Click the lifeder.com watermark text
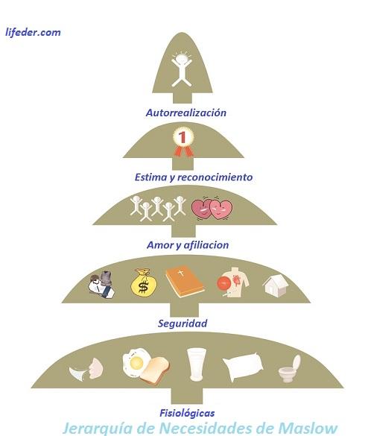(33, 32)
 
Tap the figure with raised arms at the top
(180, 68)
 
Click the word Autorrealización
(185, 113)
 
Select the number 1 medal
(183, 140)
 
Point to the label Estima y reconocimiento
(194, 177)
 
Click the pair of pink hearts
(211, 209)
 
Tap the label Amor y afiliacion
(187, 244)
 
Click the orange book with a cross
(184, 282)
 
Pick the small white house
(275, 284)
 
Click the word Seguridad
(183, 323)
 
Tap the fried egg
(137, 362)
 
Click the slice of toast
(158, 369)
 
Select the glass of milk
(197, 365)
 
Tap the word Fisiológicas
(188, 412)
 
